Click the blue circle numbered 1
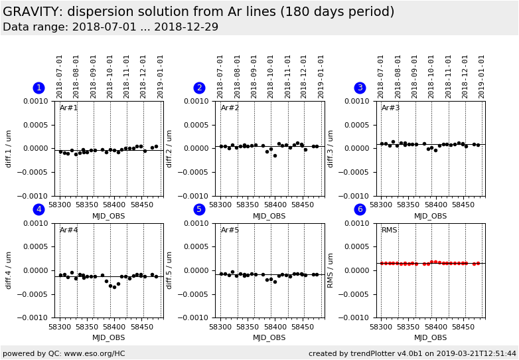point(38,88)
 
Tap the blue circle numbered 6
point(360,209)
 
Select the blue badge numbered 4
point(38,209)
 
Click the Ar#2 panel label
point(230,108)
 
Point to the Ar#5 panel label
point(230,230)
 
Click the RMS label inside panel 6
point(390,230)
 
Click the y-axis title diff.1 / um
point(9,148)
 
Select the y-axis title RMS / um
point(331,270)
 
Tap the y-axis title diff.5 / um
point(170,270)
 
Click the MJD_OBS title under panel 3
point(431,216)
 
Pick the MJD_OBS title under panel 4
point(109,337)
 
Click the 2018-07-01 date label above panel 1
point(60,76)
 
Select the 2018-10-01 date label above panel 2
point(271,76)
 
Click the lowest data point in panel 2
point(275,155)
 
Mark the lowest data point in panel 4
point(114,287)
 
